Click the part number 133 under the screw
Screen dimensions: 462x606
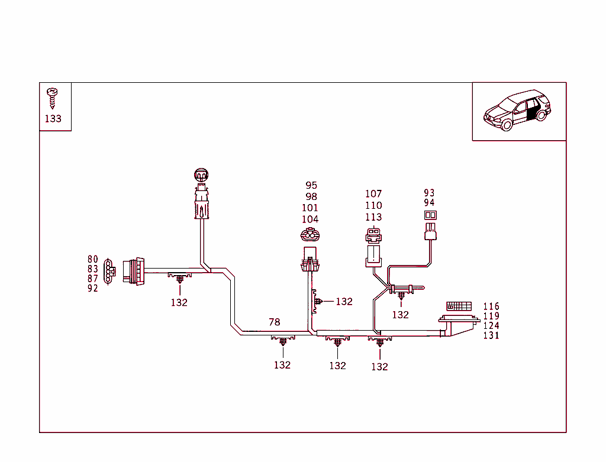(53, 118)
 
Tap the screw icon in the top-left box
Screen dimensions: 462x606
(53, 96)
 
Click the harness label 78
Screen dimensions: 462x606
(275, 322)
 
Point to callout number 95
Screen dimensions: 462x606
(311, 186)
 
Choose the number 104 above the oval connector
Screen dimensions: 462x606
(310, 219)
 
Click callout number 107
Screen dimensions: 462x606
(373, 194)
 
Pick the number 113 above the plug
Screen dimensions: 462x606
(373, 217)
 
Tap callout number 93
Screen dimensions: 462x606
(430, 193)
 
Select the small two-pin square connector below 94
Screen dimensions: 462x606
(430, 215)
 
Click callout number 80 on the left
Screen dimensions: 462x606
(93, 259)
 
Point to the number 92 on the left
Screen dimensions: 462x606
(93, 289)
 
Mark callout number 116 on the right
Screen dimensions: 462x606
(491, 306)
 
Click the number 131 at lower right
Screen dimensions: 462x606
(491, 335)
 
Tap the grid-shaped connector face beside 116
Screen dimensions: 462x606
(459, 306)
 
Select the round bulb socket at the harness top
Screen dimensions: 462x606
(202, 175)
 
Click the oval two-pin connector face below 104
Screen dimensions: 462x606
(310, 235)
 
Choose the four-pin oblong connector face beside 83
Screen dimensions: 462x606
(109, 270)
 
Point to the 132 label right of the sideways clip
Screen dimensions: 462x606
(344, 302)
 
